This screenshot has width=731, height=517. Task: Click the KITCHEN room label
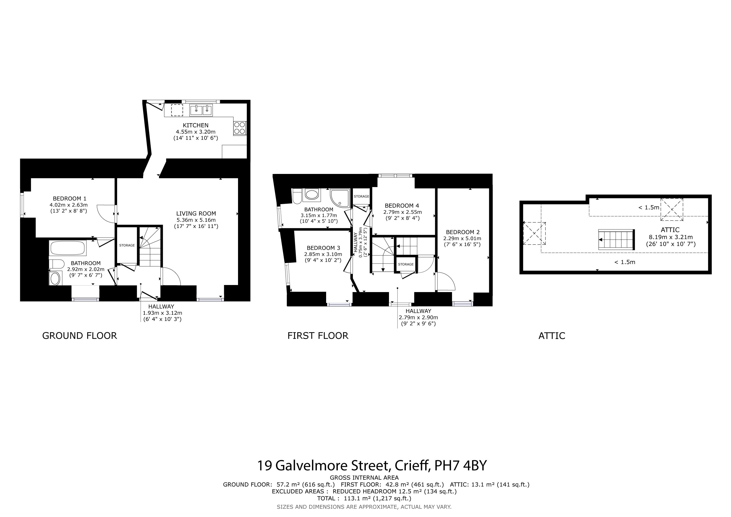pos(195,125)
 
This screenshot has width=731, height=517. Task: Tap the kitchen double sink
pos(201,110)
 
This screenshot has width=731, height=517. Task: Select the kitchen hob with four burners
pos(240,128)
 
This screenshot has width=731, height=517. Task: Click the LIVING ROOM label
pos(196,214)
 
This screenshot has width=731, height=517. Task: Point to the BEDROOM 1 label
pos(69,199)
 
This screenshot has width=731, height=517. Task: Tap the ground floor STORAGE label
pos(127,245)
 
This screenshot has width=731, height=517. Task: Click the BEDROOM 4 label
pos(402,206)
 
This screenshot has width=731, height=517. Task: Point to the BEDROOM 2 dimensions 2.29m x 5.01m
pos(462,239)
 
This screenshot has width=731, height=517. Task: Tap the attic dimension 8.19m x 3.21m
pos(671,237)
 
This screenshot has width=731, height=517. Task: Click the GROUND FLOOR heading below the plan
pos(80,336)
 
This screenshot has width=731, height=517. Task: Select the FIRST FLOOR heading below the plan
pos(318,336)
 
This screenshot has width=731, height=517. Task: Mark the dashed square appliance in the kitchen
pos(177,110)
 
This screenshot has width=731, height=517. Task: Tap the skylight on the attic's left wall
pos(534,233)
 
